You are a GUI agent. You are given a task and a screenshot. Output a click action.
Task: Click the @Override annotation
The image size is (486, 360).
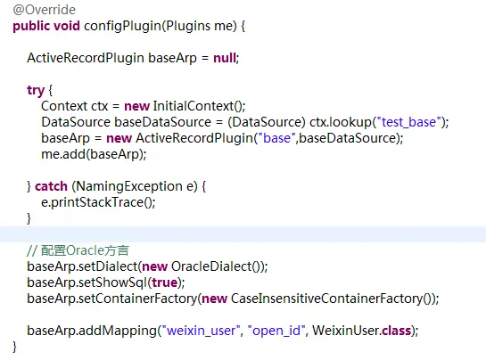(45, 10)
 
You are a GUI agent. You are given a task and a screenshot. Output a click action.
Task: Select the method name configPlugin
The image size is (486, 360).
(122, 26)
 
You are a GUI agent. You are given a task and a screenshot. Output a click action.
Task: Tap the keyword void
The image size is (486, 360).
(67, 26)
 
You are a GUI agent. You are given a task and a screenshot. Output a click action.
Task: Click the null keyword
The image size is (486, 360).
(225, 58)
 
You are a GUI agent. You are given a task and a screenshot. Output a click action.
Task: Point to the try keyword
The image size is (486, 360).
(36, 91)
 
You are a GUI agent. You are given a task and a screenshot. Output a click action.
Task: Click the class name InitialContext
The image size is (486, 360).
(194, 106)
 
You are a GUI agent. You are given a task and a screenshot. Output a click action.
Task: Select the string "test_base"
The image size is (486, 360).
(408, 122)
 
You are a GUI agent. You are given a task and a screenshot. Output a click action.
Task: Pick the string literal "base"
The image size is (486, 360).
(276, 138)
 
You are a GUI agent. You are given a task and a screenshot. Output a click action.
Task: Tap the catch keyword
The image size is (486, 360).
(51, 186)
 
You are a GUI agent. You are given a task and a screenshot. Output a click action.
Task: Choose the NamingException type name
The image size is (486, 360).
(129, 186)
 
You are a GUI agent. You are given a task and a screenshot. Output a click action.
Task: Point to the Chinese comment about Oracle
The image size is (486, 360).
(78, 250)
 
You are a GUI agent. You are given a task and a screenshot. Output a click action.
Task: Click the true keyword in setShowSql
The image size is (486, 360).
(164, 282)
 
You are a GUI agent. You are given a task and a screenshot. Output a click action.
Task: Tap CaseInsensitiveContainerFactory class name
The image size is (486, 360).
(326, 299)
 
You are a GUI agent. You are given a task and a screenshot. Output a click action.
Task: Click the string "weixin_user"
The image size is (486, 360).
(202, 331)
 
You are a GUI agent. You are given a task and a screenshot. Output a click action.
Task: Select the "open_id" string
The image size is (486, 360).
(276, 331)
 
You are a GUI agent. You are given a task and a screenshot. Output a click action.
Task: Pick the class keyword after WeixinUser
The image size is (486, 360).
(397, 331)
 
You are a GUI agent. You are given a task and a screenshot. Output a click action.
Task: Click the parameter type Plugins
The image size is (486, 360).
(187, 26)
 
